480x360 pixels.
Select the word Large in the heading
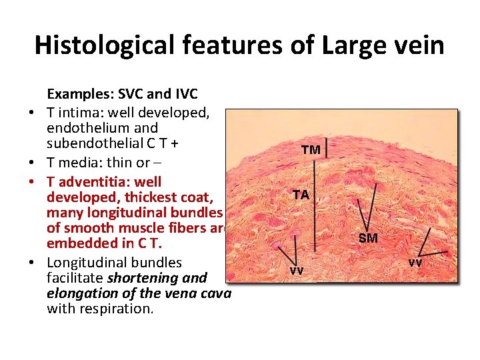click(349, 45)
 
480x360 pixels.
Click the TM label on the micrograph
click(311, 150)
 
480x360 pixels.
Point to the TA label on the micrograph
click(301, 195)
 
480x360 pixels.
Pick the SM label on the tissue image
click(368, 238)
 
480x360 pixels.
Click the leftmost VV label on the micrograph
click(296, 271)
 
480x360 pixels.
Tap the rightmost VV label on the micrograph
click(415, 263)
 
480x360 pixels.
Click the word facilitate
click(73, 277)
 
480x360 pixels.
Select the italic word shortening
click(141, 277)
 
